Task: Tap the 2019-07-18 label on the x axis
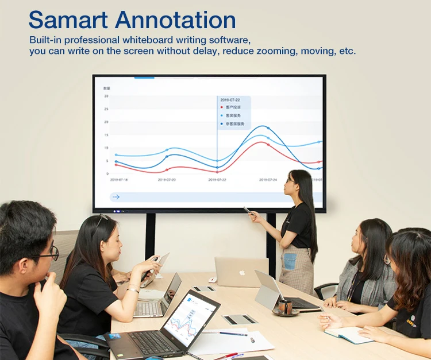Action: click(x=119, y=180)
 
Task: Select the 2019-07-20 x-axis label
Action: click(x=167, y=180)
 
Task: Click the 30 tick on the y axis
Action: click(x=106, y=96)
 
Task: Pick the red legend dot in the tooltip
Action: click(x=222, y=107)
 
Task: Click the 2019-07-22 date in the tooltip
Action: click(x=230, y=99)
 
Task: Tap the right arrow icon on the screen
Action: click(x=116, y=197)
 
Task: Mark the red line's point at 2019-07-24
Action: click(x=268, y=145)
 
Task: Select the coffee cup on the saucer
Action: click(x=285, y=307)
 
